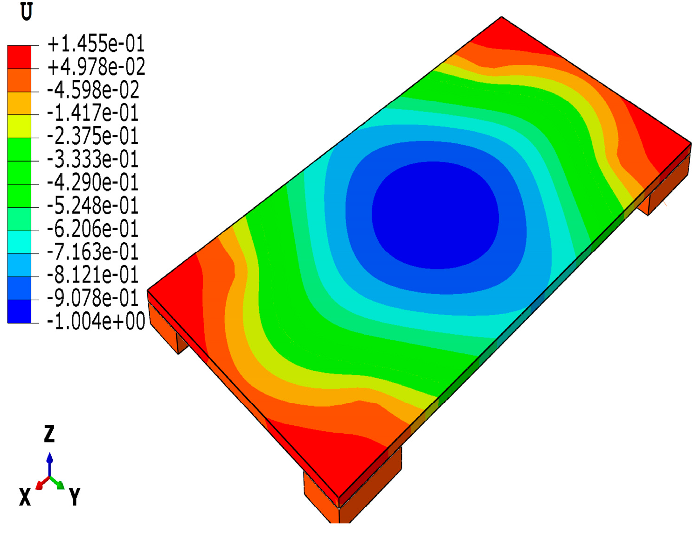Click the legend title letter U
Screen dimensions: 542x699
27,12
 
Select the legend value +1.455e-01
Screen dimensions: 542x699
96,44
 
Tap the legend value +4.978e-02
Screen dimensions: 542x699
96,67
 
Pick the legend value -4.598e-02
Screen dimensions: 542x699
93,90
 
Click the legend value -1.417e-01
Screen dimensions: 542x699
93,113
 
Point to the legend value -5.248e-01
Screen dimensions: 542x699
93,205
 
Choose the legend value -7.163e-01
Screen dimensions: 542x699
93,252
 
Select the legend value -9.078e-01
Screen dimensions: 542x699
93,298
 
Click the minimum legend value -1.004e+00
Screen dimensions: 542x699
96,321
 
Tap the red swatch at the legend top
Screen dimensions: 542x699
19,57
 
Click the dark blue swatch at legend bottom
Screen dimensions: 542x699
19,311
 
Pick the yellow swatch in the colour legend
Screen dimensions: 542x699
19,126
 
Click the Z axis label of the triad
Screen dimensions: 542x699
49,434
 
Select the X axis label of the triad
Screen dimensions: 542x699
25,498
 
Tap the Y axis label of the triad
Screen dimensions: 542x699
75,497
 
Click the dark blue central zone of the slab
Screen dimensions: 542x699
435,215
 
